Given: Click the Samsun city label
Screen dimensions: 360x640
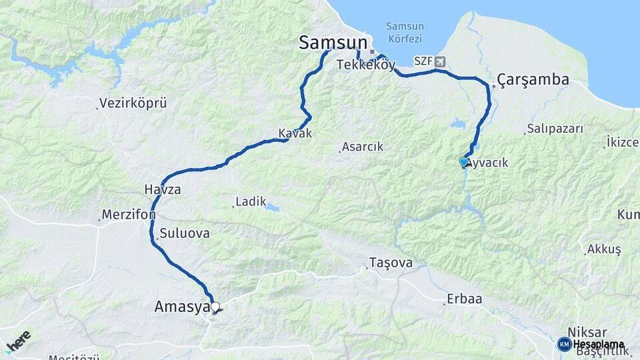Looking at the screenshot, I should [331, 43].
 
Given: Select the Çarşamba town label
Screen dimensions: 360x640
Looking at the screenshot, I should [533, 80].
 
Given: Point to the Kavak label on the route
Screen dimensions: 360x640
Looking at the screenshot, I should [295, 133].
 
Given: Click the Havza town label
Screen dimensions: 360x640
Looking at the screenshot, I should [163, 190].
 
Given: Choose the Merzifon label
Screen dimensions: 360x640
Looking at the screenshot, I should [129, 215].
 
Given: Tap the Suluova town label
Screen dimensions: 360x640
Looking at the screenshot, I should [185, 233].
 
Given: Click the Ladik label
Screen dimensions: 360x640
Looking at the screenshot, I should [251, 201].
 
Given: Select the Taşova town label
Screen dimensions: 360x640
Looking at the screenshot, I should [392, 263].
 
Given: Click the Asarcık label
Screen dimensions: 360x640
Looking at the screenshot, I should [362, 147].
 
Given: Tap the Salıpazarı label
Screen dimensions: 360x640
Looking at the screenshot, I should [555, 129].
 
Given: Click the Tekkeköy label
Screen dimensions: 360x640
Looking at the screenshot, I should [367, 65].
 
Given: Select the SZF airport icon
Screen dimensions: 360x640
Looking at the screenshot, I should [439, 61].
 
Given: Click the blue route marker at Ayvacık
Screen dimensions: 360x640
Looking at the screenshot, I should [463, 161].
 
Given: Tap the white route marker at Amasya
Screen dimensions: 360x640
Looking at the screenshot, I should [215, 307].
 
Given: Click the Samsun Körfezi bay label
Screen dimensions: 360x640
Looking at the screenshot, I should [405, 31].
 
